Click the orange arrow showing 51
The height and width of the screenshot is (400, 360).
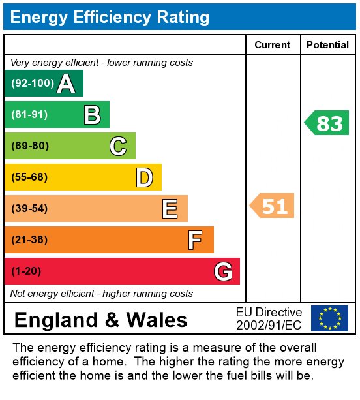click(273, 206)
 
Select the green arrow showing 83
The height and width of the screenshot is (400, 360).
click(327, 123)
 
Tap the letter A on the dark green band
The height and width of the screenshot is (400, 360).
click(65, 84)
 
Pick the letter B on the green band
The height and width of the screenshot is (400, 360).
click(92, 115)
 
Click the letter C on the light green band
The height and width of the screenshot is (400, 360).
click(117, 146)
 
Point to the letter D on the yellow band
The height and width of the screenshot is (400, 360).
click(144, 177)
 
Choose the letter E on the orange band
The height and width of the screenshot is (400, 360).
click(170, 209)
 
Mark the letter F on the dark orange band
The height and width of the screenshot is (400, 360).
click(195, 240)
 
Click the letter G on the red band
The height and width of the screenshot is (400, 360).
click(222, 271)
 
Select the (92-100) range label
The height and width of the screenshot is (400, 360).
click(32, 84)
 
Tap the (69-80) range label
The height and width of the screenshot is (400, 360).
click(30, 146)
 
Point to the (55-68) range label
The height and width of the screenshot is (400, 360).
click(30, 177)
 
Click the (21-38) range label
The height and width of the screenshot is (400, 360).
click(30, 240)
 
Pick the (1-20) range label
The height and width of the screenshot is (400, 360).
click(27, 271)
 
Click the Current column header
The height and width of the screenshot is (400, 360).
click(272, 45)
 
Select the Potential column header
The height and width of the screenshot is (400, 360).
click(327, 45)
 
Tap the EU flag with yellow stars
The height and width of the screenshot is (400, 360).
click(329, 318)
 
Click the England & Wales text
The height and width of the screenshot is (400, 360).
click(100, 320)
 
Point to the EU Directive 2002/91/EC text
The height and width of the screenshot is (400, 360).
click(269, 318)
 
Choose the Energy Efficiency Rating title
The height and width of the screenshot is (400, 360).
click(110, 17)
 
